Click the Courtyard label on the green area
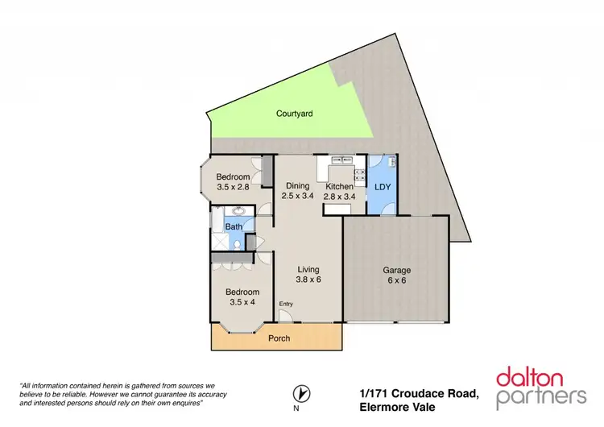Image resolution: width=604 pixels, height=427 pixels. [294, 114]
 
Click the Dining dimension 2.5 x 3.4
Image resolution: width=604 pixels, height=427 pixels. [297, 196]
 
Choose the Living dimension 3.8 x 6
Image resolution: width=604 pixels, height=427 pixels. [308, 281]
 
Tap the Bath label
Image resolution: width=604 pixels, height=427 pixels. [234, 227]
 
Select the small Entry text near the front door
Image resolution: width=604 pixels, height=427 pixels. [286, 304]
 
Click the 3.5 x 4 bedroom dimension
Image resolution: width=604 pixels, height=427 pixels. [242, 304]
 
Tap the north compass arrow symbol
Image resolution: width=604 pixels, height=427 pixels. [301, 393]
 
